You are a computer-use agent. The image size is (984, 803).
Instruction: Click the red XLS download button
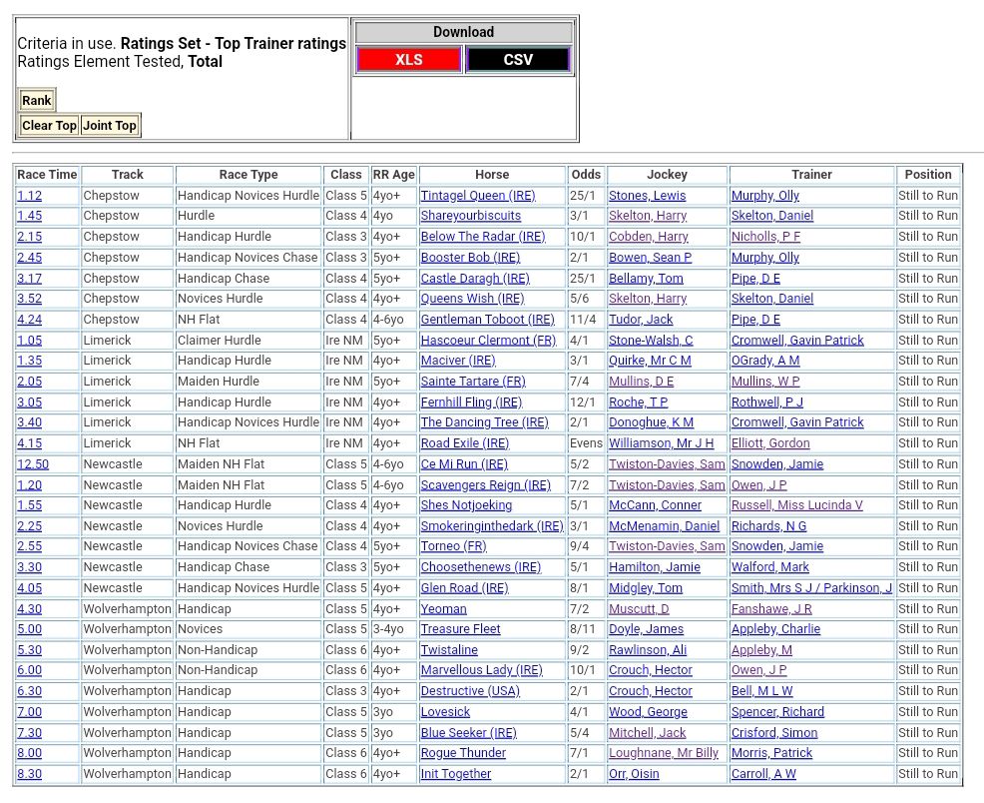408,60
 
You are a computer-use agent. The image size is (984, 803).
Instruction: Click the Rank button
37,100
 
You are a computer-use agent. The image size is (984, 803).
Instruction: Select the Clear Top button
49,126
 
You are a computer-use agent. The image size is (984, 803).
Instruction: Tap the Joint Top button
110,126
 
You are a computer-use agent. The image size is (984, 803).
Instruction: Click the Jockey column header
667,175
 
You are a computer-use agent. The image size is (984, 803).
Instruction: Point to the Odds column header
586,175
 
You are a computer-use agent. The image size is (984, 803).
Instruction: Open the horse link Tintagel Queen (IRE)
477,196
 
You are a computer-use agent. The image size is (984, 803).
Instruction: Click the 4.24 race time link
29,320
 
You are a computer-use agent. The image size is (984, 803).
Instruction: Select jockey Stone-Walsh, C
651,341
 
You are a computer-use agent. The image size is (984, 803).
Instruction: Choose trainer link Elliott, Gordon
770,443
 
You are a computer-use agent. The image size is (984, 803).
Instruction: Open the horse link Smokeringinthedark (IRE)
491,526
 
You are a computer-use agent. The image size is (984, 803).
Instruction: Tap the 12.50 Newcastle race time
33,464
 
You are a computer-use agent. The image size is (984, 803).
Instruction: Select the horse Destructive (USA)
469,691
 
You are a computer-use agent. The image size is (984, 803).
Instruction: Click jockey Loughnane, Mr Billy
664,753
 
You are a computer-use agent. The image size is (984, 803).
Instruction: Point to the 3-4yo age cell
389,629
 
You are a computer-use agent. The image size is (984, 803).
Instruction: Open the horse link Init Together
455,774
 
